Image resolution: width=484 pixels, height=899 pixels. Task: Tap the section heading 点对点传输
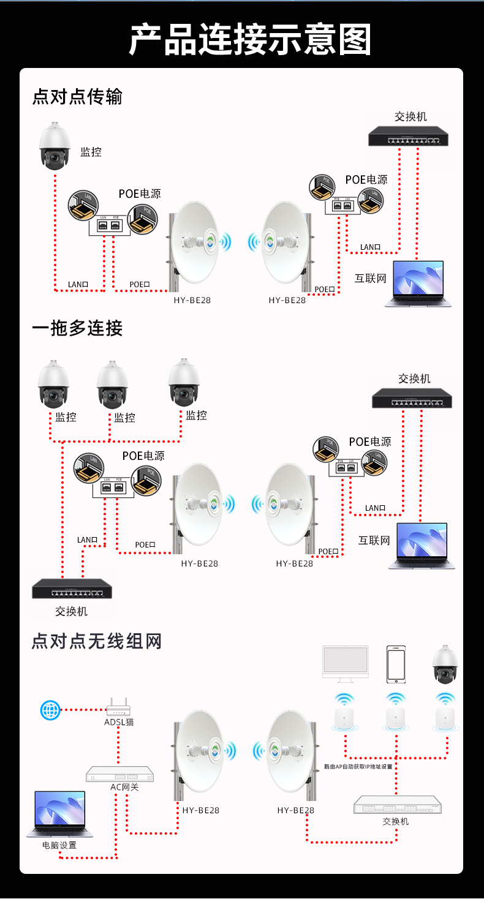click(77, 97)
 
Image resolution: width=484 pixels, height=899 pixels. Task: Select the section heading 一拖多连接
click(77, 328)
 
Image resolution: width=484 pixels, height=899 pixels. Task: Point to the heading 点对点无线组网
click(97, 641)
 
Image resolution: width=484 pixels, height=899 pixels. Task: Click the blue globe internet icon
click(50, 710)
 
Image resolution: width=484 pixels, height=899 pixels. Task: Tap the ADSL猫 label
click(119, 722)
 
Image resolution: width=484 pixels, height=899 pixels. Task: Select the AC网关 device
click(119, 774)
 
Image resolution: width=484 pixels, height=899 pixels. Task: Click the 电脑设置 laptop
click(59, 814)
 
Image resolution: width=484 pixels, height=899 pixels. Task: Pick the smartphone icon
click(396, 664)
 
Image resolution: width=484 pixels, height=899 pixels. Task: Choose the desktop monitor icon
click(346, 663)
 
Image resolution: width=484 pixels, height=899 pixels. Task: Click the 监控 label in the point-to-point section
click(91, 152)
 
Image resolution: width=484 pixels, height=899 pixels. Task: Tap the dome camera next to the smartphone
click(445, 664)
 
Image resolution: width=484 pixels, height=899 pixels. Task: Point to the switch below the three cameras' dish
click(72, 589)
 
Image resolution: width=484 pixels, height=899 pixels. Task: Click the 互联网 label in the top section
click(371, 278)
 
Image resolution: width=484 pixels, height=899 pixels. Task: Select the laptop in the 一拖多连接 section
click(422, 545)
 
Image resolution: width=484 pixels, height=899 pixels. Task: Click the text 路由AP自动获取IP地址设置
click(358, 766)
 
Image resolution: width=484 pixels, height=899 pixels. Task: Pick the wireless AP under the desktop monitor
click(345, 715)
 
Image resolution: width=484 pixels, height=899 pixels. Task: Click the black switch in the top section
click(409, 136)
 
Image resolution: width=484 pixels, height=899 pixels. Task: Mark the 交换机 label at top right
click(410, 116)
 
